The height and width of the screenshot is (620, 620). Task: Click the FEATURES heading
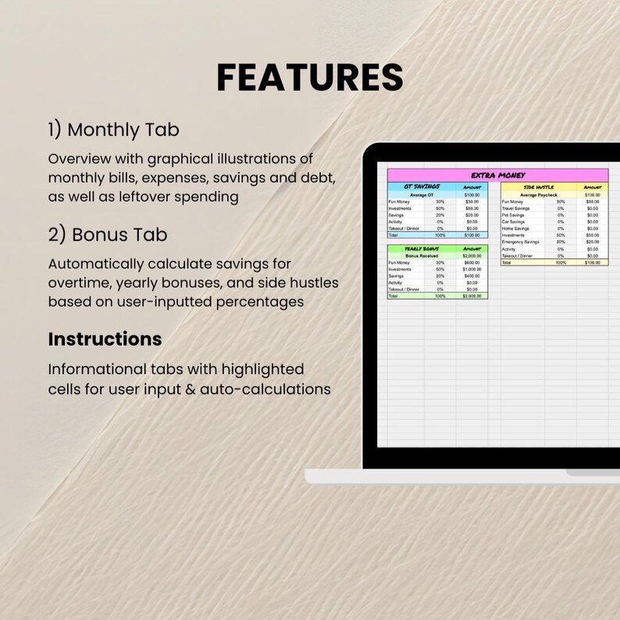pyautogui.click(x=309, y=78)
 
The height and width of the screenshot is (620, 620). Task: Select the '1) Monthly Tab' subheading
pyautogui.click(x=113, y=130)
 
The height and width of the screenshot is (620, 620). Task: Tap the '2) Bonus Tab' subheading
pyautogui.click(x=107, y=234)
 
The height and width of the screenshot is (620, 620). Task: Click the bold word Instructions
pyautogui.click(x=105, y=339)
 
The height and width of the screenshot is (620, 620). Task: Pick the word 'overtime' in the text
pyautogui.click(x=80, y=283)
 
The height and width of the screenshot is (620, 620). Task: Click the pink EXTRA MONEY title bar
pyautogui.click(x=497, y=176)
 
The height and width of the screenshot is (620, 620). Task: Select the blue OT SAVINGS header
pyautogui.click(x=422, y=187)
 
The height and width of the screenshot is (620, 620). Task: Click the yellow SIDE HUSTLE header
pyautogui.click(x=539, y=187)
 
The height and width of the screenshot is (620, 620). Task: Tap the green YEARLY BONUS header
pyautogui.click(x=422, y=248)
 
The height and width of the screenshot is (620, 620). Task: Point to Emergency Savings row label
pyautogui.click(x=521, y=242)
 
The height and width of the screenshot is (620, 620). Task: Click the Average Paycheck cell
pyautogui.click(x=539, y=194)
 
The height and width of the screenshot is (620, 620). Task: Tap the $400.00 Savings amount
pyautogui.click(x=472, y=276)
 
